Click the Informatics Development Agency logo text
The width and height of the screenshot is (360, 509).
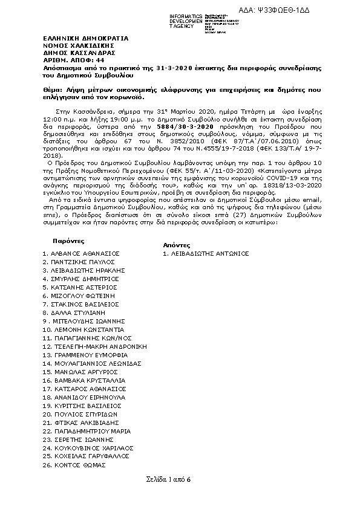tap(186, 21)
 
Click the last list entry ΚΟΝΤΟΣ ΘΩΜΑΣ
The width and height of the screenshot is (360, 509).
tap(78, 465)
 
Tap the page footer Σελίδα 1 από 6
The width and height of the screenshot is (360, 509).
tap(168, 479)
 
